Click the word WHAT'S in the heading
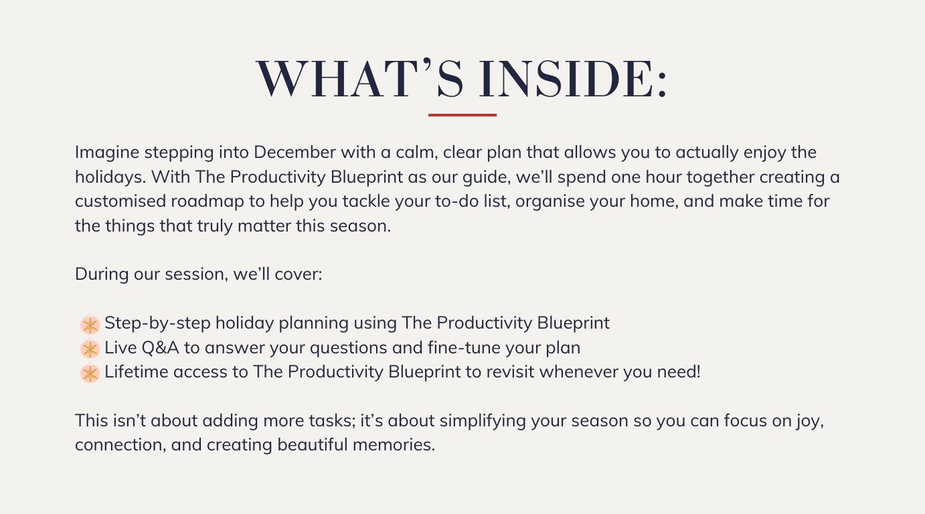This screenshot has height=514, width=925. pos(360,79)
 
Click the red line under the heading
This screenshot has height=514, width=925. pos(462,114)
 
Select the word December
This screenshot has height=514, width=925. pos(295,152)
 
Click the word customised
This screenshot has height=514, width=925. pos(120,202)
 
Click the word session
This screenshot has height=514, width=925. pos(196,274)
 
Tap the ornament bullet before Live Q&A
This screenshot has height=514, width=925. pos(89,348)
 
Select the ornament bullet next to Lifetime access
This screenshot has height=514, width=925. pos(89,372)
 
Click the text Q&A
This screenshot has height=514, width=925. pos(160,348)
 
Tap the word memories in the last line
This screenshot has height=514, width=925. pos(394,445)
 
